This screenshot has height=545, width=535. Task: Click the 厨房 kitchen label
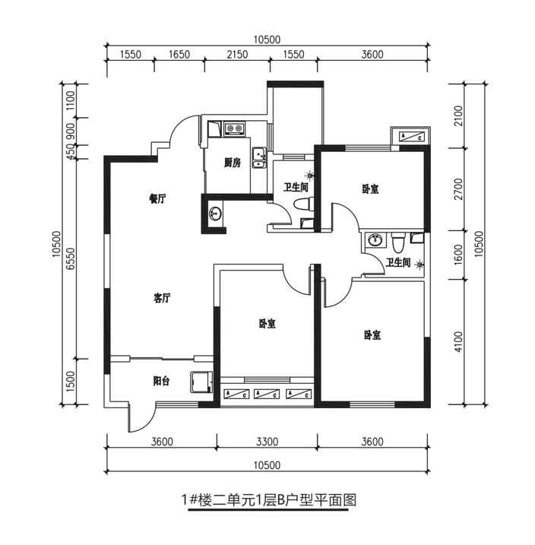[233, 163]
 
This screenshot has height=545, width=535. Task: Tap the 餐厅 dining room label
[157, 199]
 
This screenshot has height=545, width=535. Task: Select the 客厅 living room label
[162, 298]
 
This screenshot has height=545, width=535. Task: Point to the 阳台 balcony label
[162, 381]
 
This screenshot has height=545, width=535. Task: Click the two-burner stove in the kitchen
[234, 128]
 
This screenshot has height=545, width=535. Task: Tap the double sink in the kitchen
[259, 157]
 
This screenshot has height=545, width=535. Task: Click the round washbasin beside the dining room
[215, 213]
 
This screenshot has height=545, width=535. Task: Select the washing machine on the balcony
[201, 382]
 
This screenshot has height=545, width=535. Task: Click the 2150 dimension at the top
[237, 55]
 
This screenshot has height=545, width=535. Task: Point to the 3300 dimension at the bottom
[267, 442]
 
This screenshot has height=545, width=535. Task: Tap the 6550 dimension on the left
[71, 258]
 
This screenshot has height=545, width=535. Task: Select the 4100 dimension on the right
[459, 342]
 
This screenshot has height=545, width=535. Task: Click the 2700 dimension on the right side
[459, 189]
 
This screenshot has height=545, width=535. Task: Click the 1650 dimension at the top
[179, 55]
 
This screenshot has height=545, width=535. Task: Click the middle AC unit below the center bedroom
[267, 394]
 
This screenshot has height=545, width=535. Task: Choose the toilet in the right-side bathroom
[398, 243]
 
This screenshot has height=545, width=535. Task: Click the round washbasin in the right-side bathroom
[375, 239]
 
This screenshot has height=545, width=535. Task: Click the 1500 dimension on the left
[71, 382]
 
